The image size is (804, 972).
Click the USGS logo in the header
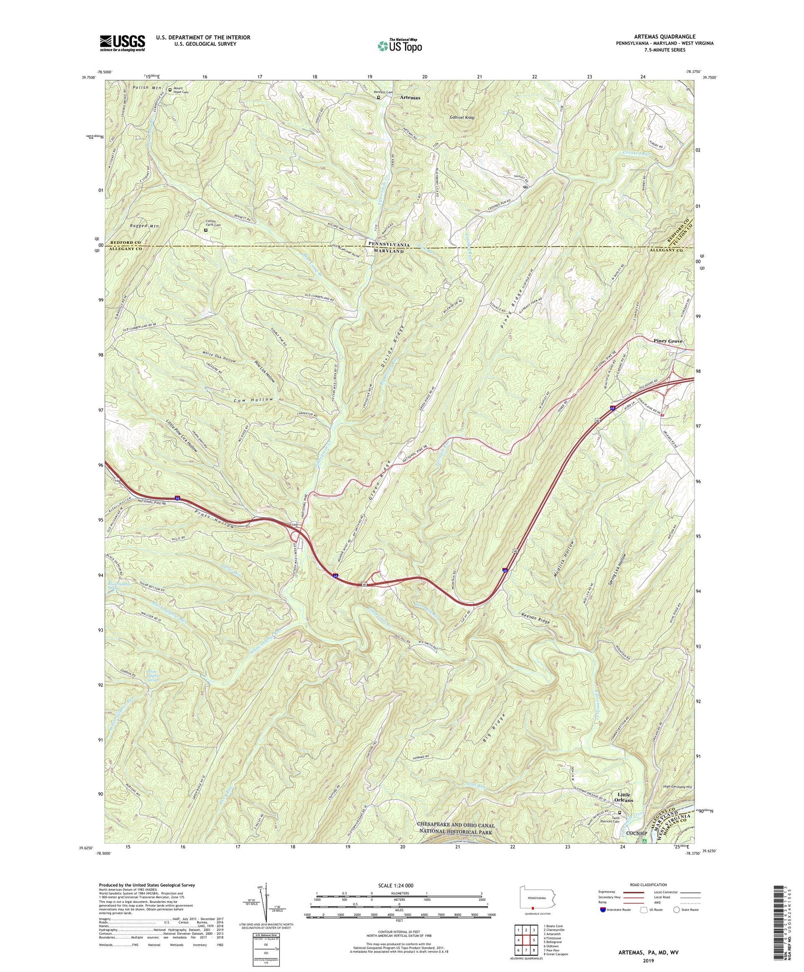(x=122, y=43)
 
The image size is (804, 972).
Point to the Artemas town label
(x=410, y=97)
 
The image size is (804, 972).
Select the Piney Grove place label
(x=668, y=341)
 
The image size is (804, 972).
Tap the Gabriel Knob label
(x=462, y=118)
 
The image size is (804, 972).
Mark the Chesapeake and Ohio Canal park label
(x=456, y=829)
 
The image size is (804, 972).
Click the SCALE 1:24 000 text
(x=397, y=885)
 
